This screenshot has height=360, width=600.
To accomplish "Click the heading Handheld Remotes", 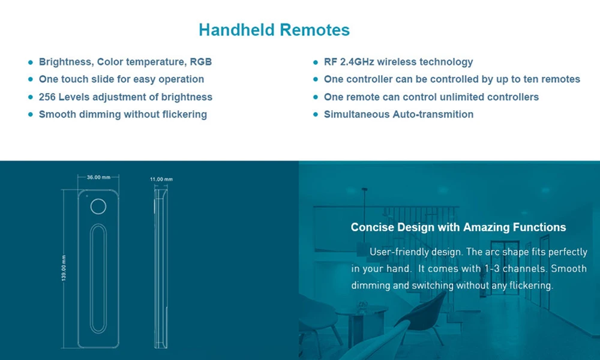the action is tap(274, 30).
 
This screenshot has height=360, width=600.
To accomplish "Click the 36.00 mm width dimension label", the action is tap(98, 177).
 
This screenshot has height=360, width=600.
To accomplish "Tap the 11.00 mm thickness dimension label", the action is tap(161, 179).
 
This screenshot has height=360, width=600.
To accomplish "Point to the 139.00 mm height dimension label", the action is tap(64, 268).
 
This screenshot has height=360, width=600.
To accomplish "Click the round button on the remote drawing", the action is tap(98, 206).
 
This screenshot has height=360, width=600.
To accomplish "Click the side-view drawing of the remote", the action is tap(161, 268).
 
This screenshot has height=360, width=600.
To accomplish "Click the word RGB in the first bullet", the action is tap(200, 62).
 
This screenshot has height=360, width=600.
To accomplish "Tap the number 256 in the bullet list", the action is tap(47, 97).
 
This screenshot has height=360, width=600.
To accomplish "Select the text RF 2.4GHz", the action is tap(349, 62).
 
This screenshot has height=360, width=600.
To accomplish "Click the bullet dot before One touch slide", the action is tap(31, 79).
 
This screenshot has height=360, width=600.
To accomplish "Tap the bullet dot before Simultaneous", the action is tap(316, 115).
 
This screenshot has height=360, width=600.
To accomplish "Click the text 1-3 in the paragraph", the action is tap(492, 269).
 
